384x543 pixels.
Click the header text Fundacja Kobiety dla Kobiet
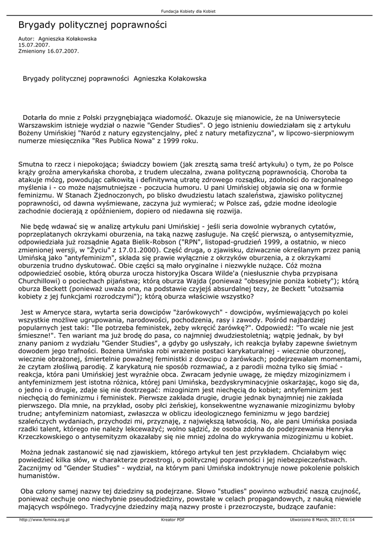192,12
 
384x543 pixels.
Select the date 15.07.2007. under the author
34,45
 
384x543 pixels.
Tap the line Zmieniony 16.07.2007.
48,51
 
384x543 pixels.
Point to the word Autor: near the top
26,39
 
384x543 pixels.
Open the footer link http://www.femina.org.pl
44,520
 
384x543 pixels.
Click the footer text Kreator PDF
173,520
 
